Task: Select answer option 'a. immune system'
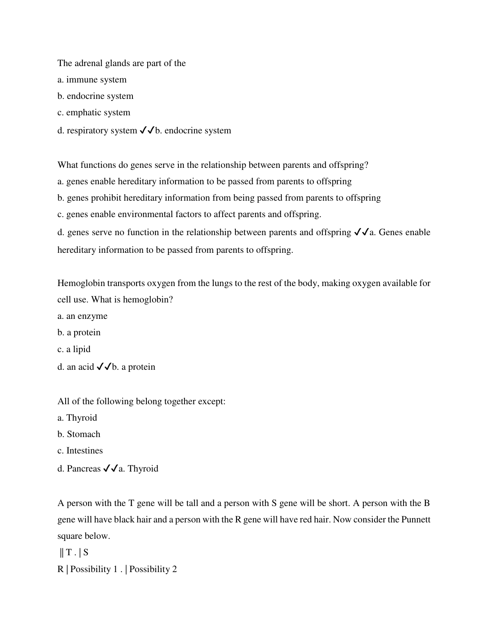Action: click(x=92, y=80)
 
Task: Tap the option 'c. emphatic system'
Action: click(x=93, y=112)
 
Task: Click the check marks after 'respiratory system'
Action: click(x=147, y=131)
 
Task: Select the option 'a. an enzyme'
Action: click(x=82, y=316)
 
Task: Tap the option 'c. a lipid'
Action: click(x=74, y=349)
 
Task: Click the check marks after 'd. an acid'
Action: click(x=104, y=367)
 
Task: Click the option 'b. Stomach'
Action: click(x=79, y=434)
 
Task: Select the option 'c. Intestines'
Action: click(x=80, y=451)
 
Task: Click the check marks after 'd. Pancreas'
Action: click(x=110, y=469)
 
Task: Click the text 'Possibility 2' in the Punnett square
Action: click(x=153, y=569)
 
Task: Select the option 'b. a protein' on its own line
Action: click(x=79, y=332)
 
